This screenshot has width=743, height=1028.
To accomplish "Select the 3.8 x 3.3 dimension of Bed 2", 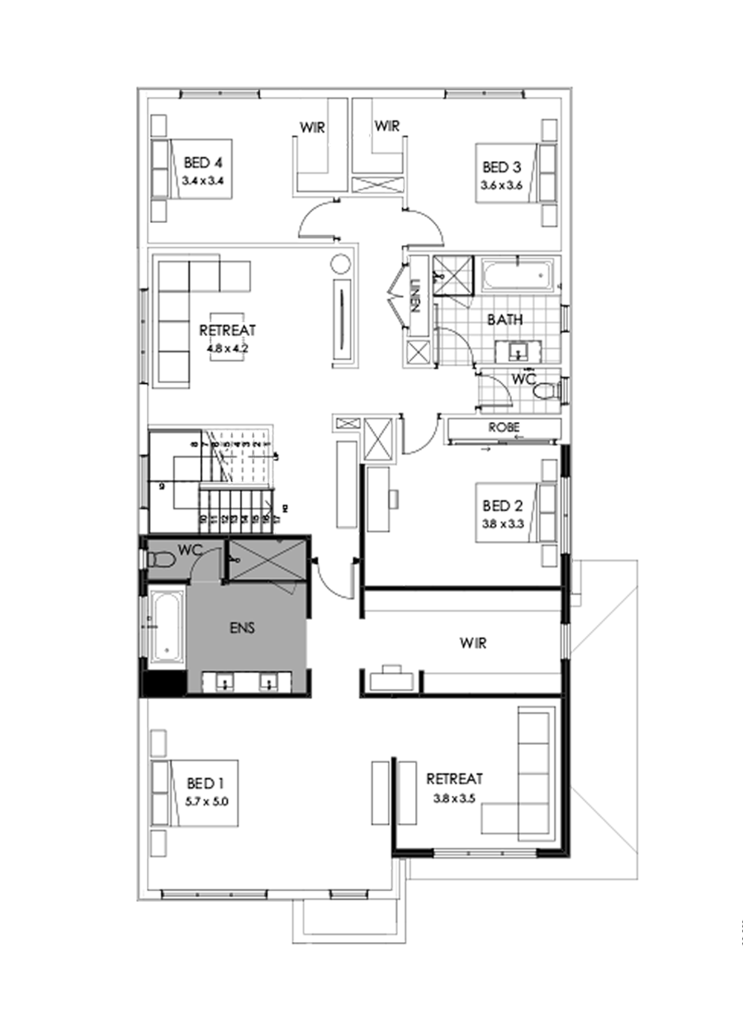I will click(x=502, y=523).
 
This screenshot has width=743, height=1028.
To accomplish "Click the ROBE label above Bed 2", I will click(x=503, y=428).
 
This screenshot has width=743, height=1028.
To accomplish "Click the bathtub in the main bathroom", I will click(x=517, y=276).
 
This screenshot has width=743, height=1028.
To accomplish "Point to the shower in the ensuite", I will click(x=266, y=559).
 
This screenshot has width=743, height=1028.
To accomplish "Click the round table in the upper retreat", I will click(x=340, y=264).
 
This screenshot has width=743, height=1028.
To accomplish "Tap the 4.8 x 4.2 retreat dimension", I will click(x=227, y=348).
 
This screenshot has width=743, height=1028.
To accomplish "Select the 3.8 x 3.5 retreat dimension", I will click(x=455, y=798).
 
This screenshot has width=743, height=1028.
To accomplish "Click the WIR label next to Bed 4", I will click(x=310, y=128).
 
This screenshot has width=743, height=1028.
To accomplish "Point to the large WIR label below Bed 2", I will click(x=474, y=643).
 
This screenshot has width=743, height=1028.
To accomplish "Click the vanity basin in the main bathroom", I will click(x=518, y=352).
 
